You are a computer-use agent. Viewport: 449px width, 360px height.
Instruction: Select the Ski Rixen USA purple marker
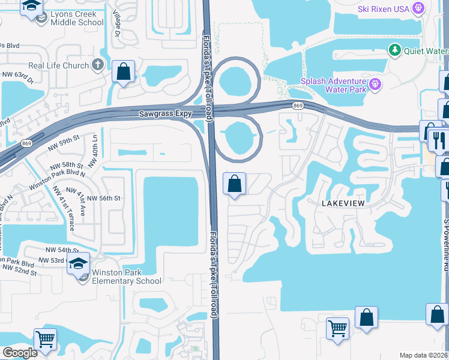(x=419, y=8)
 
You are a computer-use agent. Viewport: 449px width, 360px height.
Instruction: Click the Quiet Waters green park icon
(x=394, y=50)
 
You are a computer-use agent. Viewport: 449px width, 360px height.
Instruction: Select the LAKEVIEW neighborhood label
(x=343, y=203)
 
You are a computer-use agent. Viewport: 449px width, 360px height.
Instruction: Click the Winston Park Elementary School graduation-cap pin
(x=78, y=263)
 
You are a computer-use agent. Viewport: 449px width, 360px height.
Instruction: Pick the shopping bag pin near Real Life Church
(x=124, y=72)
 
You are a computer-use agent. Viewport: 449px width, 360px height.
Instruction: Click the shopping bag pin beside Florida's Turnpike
(x=235, y=183)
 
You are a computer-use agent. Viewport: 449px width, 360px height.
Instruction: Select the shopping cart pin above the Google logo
(x=45, y=340)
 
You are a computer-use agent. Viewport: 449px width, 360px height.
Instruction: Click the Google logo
(x=20, y=353)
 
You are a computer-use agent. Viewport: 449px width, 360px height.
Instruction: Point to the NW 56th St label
(x=104, y=198)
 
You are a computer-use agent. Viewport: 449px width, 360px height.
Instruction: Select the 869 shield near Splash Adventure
(x=298, y=106)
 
